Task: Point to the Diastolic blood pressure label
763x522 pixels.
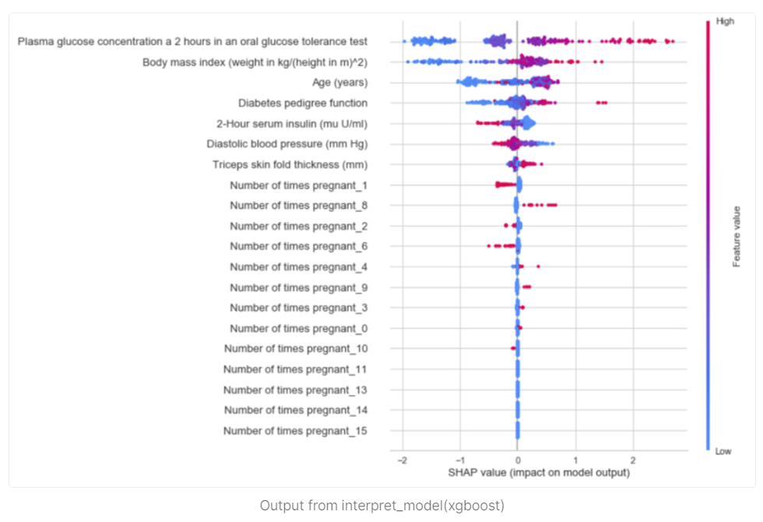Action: click(x=287, y=143)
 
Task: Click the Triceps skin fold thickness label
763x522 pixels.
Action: click(x=290, y=164)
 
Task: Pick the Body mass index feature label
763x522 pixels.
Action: click(x=255, y=62)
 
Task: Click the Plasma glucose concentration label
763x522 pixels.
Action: click(x=193, y=41)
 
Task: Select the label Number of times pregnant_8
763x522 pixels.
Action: click(x=298, y=206)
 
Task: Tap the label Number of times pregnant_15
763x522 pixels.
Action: click(x=295, y=431)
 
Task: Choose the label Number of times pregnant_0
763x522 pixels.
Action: click(x=298, y=329)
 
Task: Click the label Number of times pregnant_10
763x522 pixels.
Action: click(x=295, y=349)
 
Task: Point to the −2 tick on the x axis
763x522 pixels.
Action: click(x=401, y=460)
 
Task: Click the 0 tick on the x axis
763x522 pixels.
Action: click(x=518, y=460)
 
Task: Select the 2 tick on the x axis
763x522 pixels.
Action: click(x=633, y=460)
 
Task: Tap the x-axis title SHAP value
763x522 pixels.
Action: click(x=538, y=472)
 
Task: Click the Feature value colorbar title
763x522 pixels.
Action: click(x=736, y=236)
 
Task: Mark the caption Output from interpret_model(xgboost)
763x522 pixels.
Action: click(x=381, y=506)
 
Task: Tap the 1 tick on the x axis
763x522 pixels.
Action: click(x=575, y=460)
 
